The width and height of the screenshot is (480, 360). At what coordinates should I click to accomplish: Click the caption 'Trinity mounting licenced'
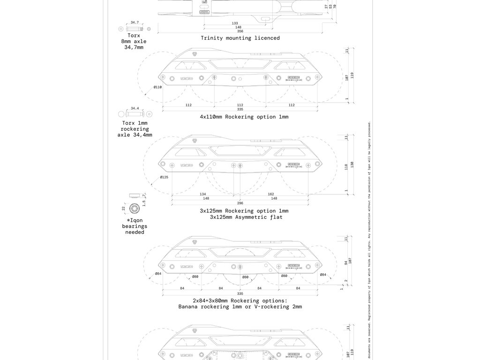click(240, 38)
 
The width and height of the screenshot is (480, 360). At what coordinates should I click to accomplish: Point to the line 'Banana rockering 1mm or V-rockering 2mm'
click(240, 307)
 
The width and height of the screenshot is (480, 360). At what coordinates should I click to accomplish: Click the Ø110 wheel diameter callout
click(157, 87)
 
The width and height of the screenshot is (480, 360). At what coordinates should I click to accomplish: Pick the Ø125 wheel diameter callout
click(164, 177)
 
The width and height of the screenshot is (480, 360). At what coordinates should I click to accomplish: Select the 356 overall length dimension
click(240, 31)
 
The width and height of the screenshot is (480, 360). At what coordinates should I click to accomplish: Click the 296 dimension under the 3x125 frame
click(240, 203)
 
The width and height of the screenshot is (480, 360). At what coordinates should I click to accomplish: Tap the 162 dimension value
click(271, 194)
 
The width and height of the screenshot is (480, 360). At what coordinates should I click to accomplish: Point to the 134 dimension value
click(202, 194)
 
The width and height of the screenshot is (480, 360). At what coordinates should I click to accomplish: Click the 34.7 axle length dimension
click(135, 22)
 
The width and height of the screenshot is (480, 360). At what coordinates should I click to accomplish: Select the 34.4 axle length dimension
click(135, 108)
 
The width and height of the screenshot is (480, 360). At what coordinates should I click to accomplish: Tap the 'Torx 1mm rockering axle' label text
click(135, 129)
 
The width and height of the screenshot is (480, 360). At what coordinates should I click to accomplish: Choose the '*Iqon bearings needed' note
click(135, 226)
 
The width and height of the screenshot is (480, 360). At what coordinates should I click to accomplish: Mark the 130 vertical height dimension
click(352, 165)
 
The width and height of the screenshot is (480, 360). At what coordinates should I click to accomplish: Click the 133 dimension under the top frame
click(235, 23)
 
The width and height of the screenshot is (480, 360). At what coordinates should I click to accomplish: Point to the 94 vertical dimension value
click(346, 263)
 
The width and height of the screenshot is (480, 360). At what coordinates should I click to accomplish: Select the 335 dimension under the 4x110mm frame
click(240, 109)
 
